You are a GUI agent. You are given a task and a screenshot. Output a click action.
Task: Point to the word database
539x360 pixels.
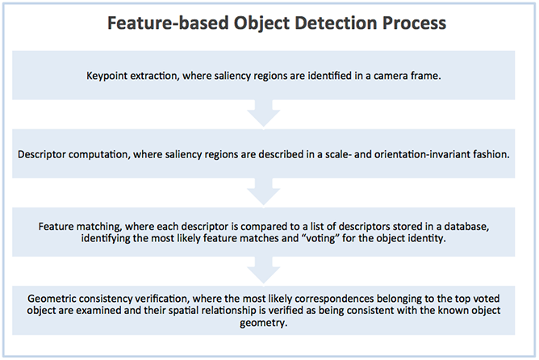click(x=457, y=224)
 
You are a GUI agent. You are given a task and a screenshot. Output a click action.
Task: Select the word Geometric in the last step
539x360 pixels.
click(x=51, y=295)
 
